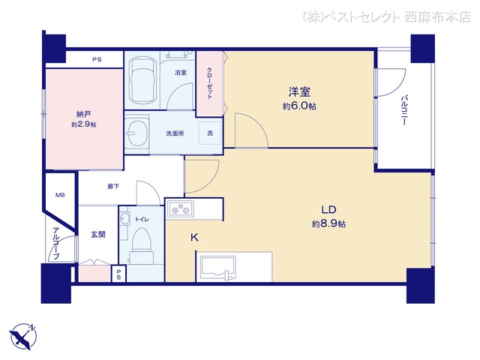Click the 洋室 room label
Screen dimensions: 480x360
pos(299,91)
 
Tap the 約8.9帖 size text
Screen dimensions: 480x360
pos(328,224)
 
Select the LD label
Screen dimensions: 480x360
pos(328,210)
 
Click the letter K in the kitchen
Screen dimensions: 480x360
pos(194,237)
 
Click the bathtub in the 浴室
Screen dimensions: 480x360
pos(142,80)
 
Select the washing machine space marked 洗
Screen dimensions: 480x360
pos(210,133)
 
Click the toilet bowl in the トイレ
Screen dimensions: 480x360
pos(141,246)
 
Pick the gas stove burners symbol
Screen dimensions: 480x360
pos(181,208)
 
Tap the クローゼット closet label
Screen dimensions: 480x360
pos(209,83)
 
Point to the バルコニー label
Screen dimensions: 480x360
pos(403,110)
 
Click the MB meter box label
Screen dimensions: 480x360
pos(60,195)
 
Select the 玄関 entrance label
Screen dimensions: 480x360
pos(98,235)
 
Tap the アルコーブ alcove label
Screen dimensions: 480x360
pos(55,243)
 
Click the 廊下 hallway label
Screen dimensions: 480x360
pos(113,186)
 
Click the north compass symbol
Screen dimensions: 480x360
pos(23,337)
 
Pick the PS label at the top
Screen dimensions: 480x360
pos(97,60)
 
